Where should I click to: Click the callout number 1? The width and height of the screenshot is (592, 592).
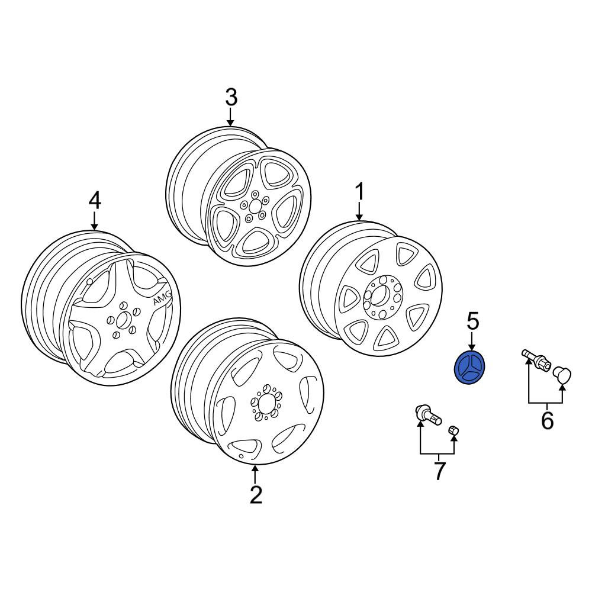[x=360, y=191]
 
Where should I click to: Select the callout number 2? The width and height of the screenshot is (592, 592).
[x=256, y=495]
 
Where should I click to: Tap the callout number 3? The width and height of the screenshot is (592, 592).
[x=231, y=98]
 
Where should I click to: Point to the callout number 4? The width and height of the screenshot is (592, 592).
[x=94, y=201]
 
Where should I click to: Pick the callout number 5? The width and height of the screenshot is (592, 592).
[x=472, y=321]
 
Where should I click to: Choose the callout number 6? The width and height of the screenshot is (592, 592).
[x=548, y=420]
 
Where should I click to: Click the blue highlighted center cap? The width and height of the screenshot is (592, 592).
[x=469, y=367]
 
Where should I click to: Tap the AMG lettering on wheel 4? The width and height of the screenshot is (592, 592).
[x=162, y=297]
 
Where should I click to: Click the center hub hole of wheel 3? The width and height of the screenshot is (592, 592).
[x=255, y=206]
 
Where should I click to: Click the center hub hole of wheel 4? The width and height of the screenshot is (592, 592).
[x=122, y=320]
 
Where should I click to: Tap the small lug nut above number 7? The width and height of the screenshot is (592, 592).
[x=453, y=430]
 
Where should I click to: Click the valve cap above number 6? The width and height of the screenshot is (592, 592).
[x=562, y=375]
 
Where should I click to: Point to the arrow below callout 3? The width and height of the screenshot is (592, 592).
[x=230, y=116]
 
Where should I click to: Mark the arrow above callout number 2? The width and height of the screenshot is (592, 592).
[x=255, y=474]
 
